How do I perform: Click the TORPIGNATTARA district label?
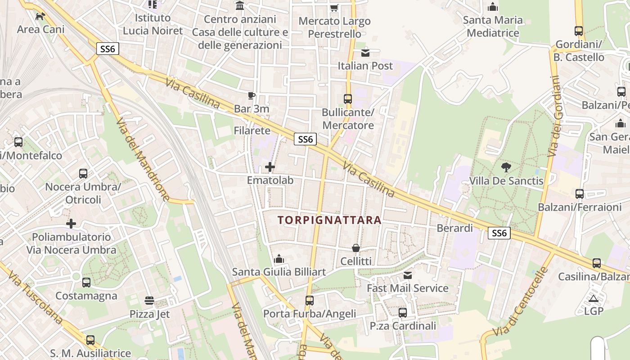(329, 220)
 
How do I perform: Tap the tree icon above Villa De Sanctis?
(506, 168)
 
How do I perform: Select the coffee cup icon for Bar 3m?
(252, 95)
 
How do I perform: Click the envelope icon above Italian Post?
(365, 53)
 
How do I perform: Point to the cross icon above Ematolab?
(270, 167)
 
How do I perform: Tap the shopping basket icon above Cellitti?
(356, 248)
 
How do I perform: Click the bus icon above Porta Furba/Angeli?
(310, 300)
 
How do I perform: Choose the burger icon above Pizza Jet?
(149, 300)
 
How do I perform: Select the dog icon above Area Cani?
(40, 16)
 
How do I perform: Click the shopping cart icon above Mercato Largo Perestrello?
(334, 8)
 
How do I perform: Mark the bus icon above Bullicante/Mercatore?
(348, 99)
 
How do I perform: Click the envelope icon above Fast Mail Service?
(408, 275)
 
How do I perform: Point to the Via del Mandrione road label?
(143, 159)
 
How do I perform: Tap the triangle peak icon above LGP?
(594, 298)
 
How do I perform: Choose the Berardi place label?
(455, 228)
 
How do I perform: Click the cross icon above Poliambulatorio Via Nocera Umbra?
(71, 224)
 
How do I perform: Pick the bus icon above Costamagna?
(86, 283)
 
